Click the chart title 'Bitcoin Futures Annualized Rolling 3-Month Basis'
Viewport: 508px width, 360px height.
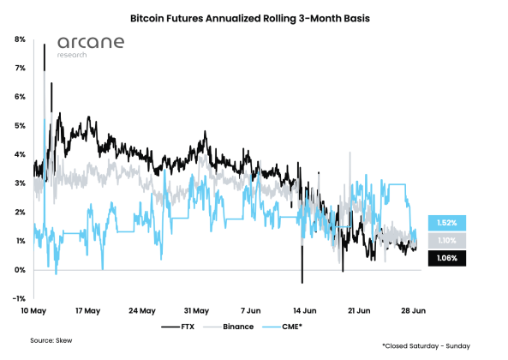[x=254, y=17]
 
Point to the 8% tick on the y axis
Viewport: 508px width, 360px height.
[x=19, y=39]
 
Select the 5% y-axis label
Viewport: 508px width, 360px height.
[x=19, y=126]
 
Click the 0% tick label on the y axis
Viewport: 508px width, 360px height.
[x=19, y=270]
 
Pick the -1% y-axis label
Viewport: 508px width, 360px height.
[x=18, y=298]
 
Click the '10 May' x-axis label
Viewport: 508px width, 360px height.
[x=33, y=310]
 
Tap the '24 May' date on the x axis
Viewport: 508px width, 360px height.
[x=141, y=310]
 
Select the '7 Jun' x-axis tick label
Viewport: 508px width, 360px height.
[x=251, y=310]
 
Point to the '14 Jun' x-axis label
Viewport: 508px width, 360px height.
[x=305, y=310]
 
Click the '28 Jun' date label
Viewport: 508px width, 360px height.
[x=413, y=310]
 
